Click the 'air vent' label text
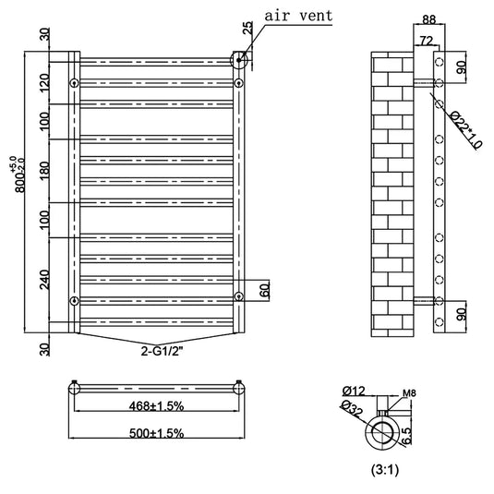[298, 16]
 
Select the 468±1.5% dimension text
[156, 406]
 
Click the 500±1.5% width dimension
[156, 433]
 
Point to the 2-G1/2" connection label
[162, 351]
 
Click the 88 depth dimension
[429, 19]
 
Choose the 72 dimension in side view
[426, 41]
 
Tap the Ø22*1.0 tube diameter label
[465, 129]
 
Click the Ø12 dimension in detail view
[354, 391]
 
